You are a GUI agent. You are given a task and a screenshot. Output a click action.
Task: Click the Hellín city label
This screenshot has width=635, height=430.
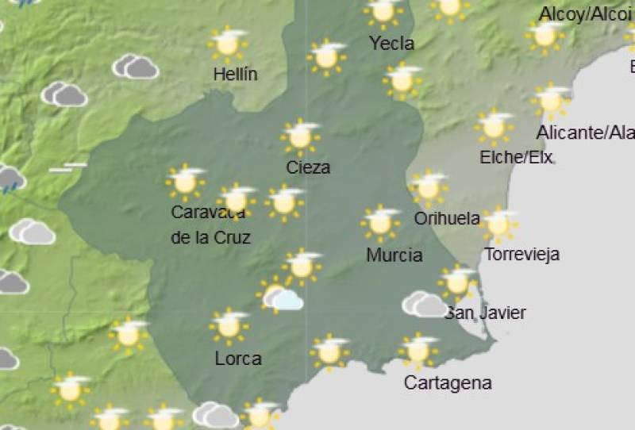point(236,75)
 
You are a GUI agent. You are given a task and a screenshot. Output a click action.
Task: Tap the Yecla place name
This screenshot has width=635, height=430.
point(391,43)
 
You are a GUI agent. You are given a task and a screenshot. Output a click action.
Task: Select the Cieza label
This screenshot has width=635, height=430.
point(309,167)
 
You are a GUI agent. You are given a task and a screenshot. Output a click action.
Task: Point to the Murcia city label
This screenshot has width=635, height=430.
point(394,255)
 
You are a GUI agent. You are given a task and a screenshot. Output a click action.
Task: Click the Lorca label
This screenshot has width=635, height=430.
point(238,359)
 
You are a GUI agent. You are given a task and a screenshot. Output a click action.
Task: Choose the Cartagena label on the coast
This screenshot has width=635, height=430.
point(448,383)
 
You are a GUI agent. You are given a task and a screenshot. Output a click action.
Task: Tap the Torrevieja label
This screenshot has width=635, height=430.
point(521,255)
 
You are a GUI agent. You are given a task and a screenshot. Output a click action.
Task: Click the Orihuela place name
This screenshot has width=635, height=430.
point(447,218)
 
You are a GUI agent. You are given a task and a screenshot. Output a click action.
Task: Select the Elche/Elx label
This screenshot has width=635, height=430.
point(516,157)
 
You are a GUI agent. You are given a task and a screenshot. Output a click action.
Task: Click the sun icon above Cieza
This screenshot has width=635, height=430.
point(300,137)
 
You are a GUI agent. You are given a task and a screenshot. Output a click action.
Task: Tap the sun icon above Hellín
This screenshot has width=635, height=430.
point(228,44)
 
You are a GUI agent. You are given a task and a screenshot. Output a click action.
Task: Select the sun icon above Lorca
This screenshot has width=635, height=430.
point(229,324)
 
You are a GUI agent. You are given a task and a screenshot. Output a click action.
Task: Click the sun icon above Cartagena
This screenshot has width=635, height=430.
point(418,350)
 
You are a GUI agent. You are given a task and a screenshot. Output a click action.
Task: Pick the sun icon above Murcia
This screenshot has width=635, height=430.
point(380,223)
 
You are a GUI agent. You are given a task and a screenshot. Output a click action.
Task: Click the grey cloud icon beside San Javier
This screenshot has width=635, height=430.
point(425,304)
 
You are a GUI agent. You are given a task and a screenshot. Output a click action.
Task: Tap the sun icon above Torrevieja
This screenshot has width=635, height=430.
point(498,225)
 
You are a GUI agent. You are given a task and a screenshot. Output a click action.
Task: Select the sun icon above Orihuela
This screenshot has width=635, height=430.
point(429,187)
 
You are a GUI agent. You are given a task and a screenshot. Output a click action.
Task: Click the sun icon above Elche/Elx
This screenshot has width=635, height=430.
point(494,125)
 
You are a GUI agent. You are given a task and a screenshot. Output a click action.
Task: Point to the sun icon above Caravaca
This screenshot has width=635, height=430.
point(186,182)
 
